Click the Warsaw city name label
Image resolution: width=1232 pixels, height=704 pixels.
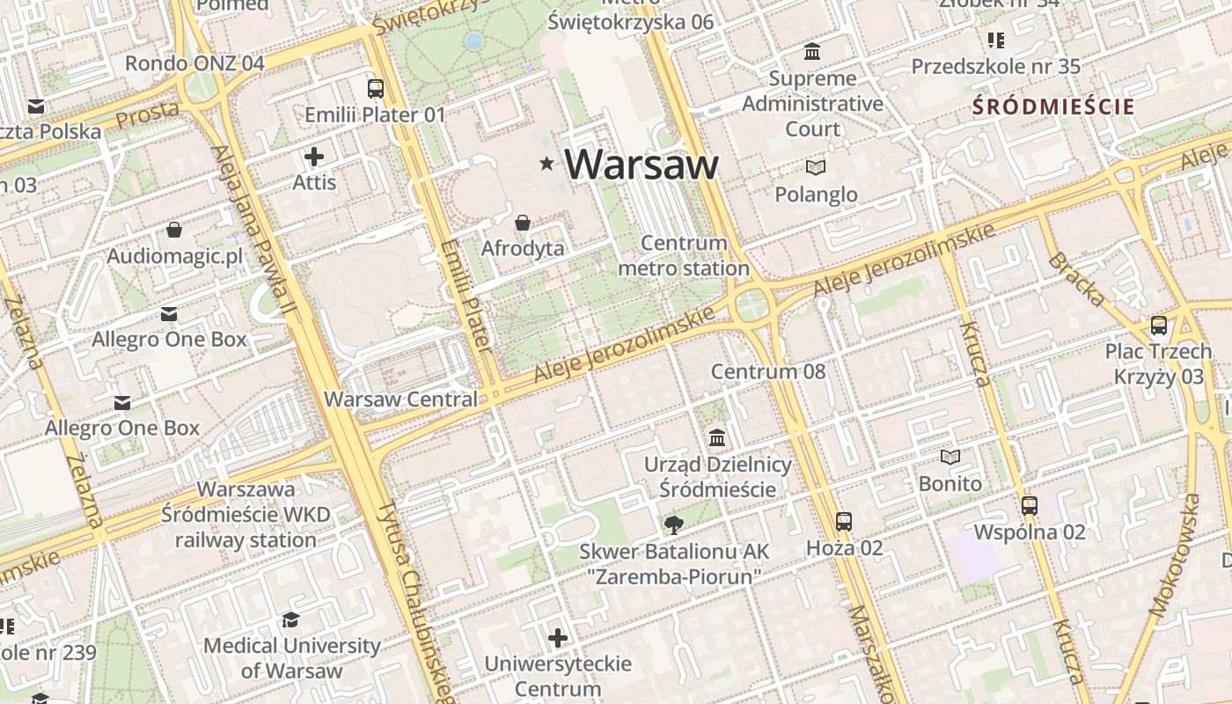point(641,165)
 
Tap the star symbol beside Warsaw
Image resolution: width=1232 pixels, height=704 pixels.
point(547,164)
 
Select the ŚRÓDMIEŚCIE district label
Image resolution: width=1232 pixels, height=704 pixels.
point(1052,107)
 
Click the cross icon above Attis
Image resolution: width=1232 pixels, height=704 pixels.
point(314,158)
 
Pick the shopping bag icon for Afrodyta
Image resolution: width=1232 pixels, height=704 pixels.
point(523,223)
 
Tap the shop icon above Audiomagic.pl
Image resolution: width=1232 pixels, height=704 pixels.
point(174,231)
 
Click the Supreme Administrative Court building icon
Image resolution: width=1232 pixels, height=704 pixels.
point(812,52)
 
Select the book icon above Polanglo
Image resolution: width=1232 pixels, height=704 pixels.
point(816,167)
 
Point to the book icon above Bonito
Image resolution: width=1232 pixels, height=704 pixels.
point(950,457)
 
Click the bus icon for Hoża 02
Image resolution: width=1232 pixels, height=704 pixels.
point(843,521)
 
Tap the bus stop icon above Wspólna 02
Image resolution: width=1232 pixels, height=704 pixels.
point(1030,506)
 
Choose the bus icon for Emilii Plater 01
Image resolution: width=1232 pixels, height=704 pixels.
point(376,88)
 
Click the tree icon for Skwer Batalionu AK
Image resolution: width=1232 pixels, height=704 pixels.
point(674,525)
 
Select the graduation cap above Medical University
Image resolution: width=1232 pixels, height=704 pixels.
point(291,620)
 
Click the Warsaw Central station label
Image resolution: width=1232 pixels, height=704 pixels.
point(400,399)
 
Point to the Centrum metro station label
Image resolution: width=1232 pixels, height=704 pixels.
point(684,255)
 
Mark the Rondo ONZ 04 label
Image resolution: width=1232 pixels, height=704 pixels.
point(194,63)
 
